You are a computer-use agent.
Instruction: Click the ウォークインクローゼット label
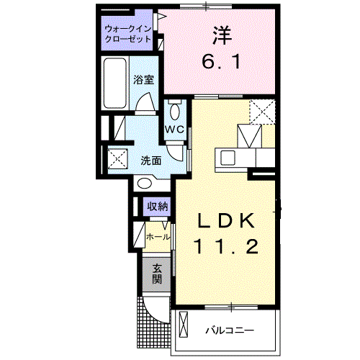(127, 34)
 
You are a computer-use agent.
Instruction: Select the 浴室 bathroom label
(143, 80)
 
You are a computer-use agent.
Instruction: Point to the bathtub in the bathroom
(115, 84)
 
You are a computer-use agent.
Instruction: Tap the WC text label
(175, 130)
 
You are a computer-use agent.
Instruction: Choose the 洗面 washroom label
(150, 160)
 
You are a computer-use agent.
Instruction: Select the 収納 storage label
(158, 207)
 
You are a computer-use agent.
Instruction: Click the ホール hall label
(158, 236)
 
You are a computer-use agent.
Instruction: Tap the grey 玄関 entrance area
(156, 274)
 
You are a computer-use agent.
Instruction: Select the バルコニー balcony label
(228, 330)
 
